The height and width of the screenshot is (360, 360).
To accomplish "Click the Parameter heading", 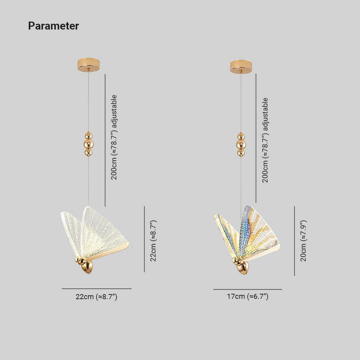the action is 54,26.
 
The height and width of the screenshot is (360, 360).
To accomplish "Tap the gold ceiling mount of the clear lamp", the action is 89,65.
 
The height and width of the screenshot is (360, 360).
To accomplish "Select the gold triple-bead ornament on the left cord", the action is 89,144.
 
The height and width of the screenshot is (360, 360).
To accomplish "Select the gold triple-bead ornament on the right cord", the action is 241,144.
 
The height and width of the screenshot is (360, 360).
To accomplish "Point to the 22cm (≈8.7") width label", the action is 96,297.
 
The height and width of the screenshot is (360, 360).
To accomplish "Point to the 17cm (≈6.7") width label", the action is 248,296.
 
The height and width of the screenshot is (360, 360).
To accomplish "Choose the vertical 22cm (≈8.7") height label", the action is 153,241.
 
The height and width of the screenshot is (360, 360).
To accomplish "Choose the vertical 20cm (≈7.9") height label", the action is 303,241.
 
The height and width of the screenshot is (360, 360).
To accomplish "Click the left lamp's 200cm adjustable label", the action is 114,137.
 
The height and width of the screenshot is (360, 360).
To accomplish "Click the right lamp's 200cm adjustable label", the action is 265,140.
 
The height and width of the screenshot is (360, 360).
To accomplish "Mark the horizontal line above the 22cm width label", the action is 96,289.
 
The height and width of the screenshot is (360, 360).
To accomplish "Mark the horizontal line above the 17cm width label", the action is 248,289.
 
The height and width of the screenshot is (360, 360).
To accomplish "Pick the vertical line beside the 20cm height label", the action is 294,241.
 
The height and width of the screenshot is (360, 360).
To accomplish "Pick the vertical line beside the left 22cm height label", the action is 144,239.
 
